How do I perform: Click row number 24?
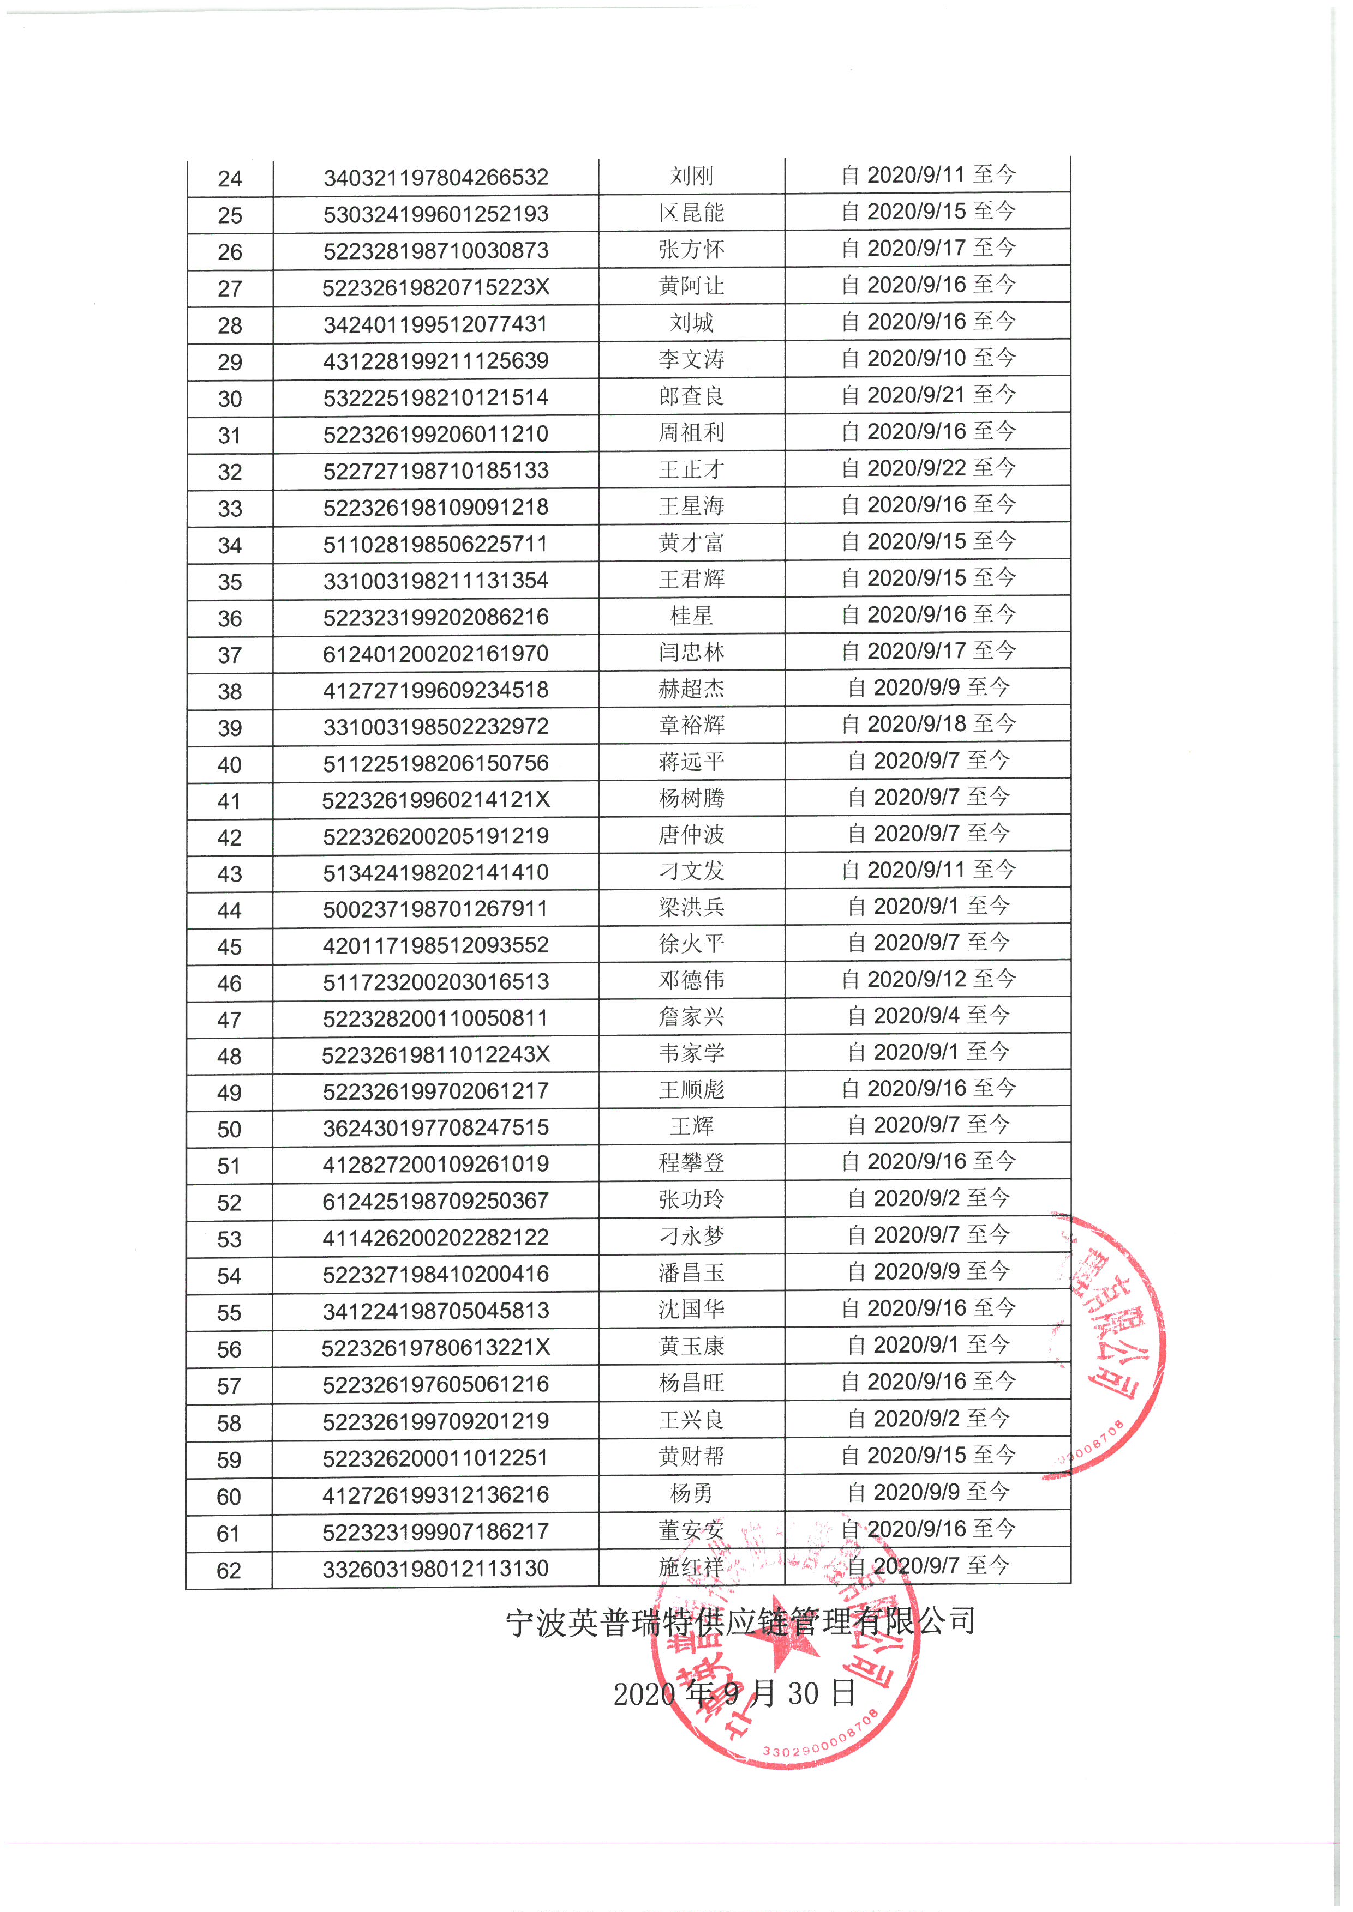229,179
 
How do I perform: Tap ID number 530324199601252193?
436,214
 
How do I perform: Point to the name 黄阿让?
691,286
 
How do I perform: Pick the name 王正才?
691,469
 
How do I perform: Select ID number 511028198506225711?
436,544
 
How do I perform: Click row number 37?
229,655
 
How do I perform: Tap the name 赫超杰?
691,689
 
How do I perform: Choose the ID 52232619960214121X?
436,799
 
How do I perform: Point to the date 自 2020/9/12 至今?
928,979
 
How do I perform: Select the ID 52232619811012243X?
436,1055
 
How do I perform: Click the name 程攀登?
691,1162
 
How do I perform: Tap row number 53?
229,1240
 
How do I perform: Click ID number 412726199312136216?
436,1495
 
